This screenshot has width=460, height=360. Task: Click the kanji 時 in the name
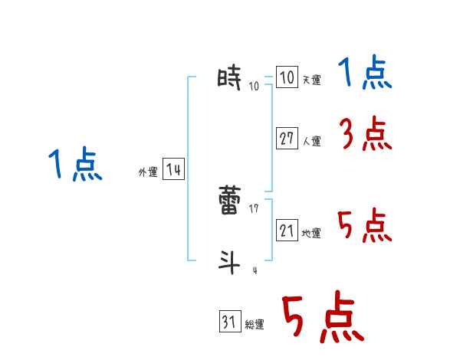click(229, 78)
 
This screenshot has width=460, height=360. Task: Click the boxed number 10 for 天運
click(286, 78)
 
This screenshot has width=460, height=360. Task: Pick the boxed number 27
click(287, 139)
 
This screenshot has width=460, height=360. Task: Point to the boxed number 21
click(287, 230)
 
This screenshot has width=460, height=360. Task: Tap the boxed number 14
click(173, 170)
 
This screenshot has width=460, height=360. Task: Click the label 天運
click(311, 80)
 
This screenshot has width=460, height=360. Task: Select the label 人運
click(311, 141)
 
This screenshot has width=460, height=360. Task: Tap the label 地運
click(311, 233)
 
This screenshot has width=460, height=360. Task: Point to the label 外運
click(147, 172)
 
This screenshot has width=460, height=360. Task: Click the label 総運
click(255, 325)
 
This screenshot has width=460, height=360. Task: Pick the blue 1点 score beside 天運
click(365, 75)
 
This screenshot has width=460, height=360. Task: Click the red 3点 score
click(365, 136)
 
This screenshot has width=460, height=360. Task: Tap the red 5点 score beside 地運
click(365, 226)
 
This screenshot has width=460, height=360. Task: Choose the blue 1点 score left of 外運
click(75, 165)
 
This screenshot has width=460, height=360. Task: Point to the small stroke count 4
click(255, 270)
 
